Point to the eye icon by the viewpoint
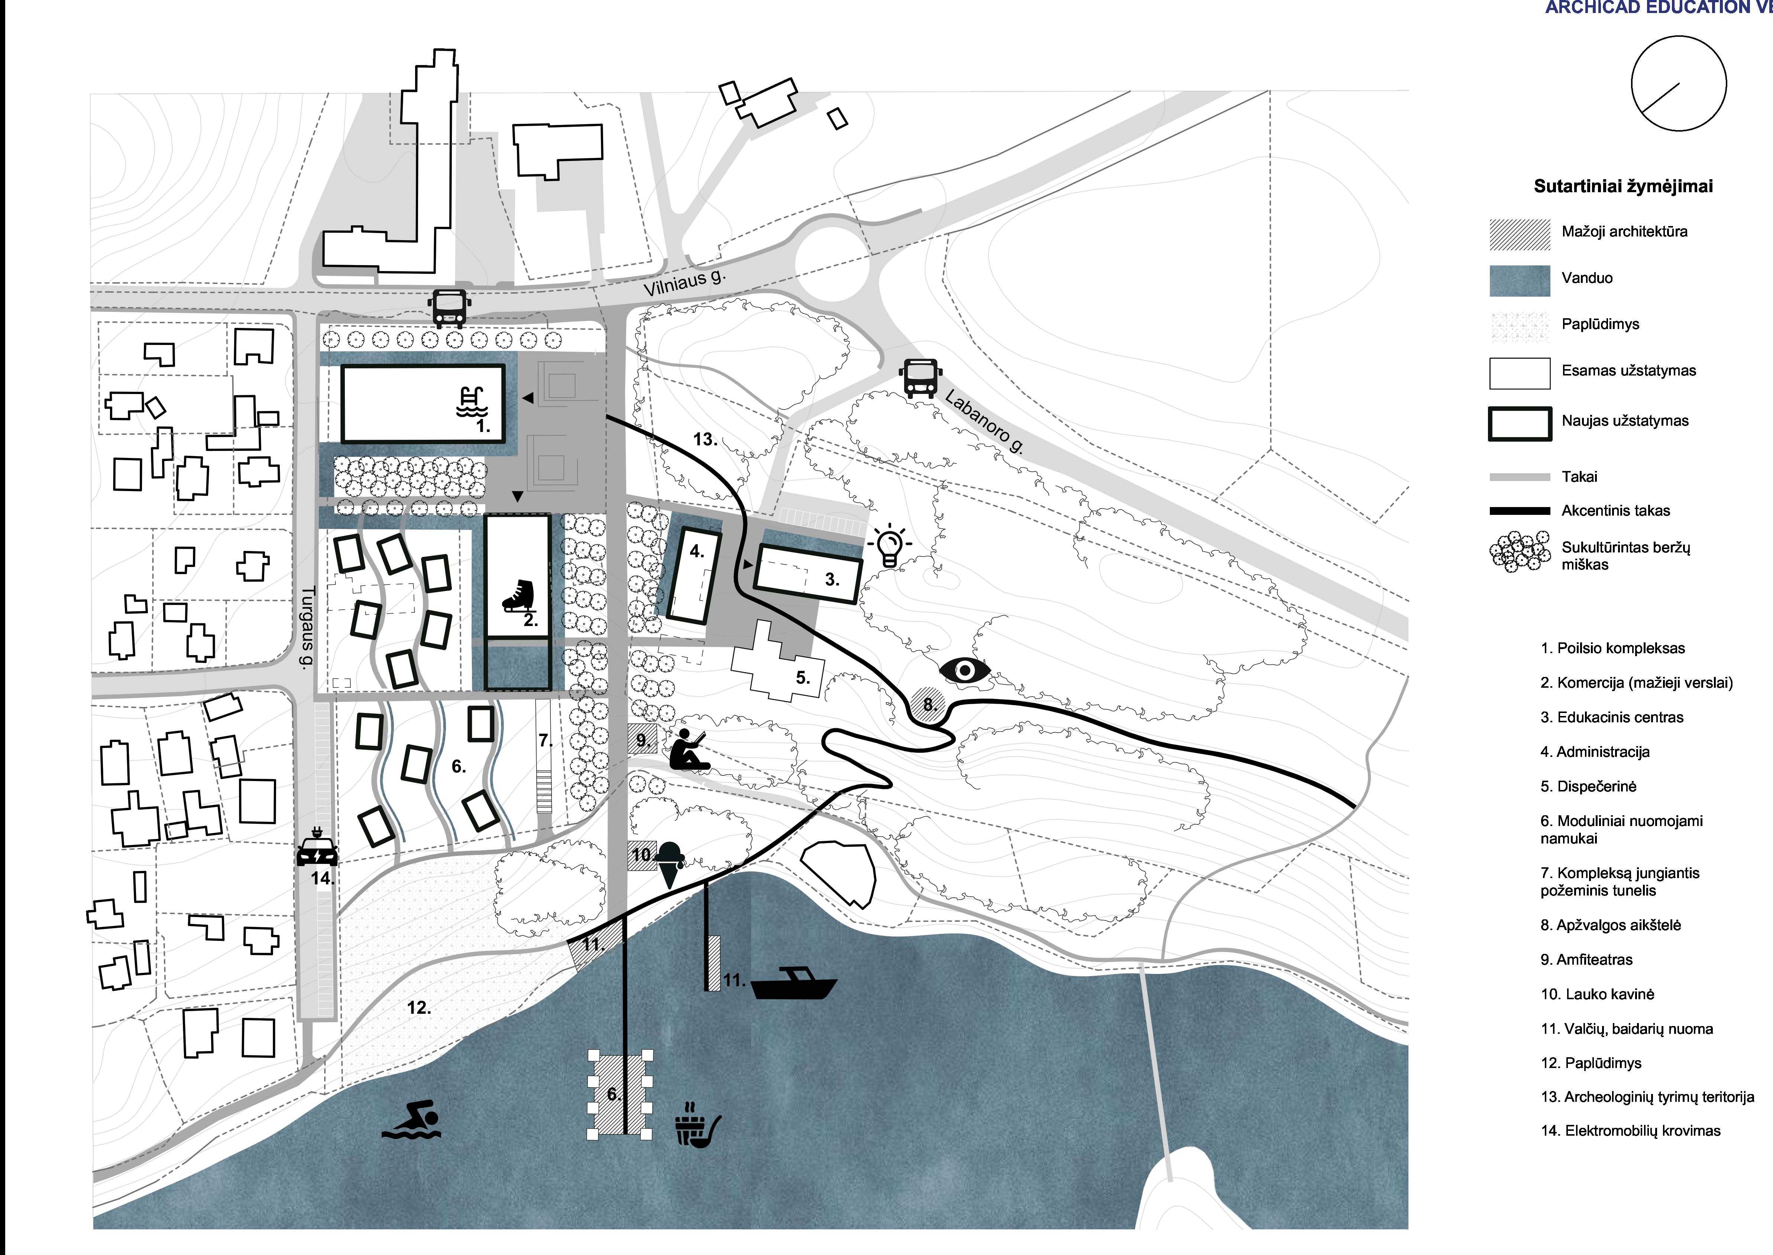click(965, 670)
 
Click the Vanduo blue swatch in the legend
click(1519, 281)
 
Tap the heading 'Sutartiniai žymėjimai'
click(1623, 186)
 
